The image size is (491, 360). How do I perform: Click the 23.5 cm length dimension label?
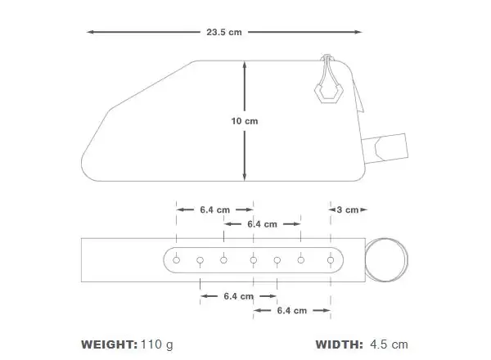point(224,32)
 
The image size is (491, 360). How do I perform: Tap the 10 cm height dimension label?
point(245,121)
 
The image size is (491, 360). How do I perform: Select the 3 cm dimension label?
point(348,209)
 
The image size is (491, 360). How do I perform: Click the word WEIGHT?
point(109,344)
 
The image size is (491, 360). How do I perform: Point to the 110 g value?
point(157,345)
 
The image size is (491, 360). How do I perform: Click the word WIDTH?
point(339,344)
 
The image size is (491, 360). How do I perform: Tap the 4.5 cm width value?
point(389,344)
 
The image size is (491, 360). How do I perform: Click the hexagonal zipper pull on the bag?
point(328,92)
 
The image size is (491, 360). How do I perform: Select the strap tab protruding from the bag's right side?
point(385,148)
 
